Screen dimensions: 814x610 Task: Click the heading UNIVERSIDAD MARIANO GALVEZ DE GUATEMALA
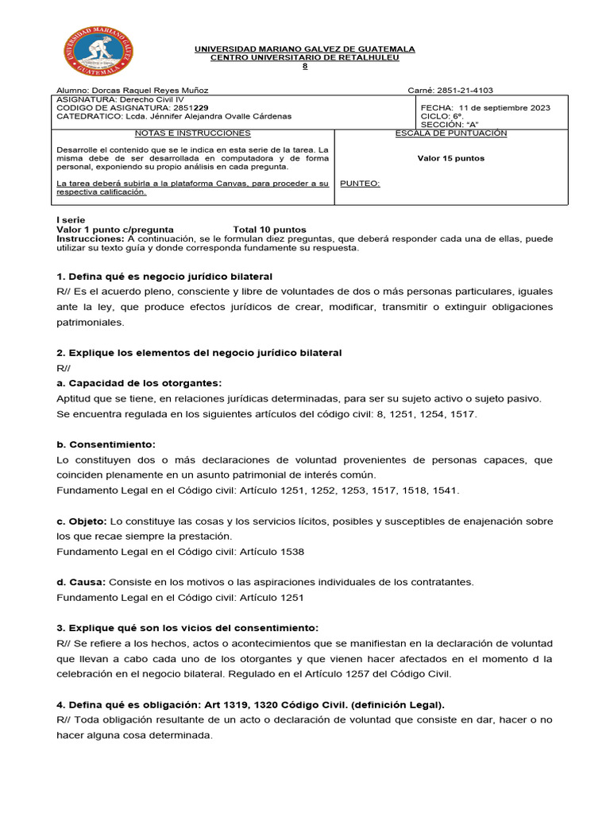click(x=305, y=49)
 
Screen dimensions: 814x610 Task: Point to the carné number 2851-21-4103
click(x=461, y=91)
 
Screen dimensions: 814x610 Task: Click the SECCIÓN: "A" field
click(x=450, y=125)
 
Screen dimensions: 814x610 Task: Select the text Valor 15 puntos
click(x=450, y=158)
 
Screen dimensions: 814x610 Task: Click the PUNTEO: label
click(x=360, y=184)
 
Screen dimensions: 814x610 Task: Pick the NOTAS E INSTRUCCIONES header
click(x=192, y=134)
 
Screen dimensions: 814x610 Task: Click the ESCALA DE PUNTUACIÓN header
click(x=450, y=134)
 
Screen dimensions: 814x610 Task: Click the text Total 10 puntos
click(x=269, y=230)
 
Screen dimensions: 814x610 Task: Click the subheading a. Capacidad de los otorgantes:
click(x=139, y=383)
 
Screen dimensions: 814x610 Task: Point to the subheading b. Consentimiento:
click(x=106, y=444)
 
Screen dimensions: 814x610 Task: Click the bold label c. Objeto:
click(x=82, y=521)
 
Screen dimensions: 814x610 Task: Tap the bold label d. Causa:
click(x=81, y=582)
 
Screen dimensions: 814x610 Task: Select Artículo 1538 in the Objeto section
click(x=272, y=552)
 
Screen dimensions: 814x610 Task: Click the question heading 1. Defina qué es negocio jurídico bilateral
click(x=164, y=277)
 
